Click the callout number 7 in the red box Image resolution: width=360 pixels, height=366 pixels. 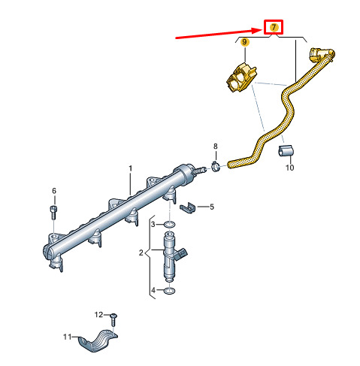coord(274,27)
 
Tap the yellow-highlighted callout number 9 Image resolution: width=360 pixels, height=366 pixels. coord(245,41)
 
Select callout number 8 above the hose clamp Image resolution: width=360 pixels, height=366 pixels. coord(216,146)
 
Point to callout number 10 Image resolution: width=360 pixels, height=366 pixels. coord(289,168)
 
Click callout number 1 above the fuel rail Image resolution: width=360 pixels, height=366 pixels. coord(130,168)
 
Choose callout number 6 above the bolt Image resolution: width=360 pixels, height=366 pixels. coord(54,191)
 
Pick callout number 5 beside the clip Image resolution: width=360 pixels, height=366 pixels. coord(212,207)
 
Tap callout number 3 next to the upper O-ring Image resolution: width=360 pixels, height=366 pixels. coord(153,224)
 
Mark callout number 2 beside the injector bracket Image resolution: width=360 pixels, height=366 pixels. coord(141,253)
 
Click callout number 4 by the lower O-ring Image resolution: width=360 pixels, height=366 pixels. coord(153,290)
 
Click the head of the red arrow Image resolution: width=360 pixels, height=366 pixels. coord(262,31)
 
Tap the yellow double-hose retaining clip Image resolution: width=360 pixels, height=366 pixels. coord(241,77)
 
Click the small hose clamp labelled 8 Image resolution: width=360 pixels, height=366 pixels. coord(216,167)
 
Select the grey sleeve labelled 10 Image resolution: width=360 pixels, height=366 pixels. coord(286,151)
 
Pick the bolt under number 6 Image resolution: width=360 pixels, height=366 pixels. coord(53,212)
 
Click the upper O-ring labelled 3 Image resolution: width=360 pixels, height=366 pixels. coord(170,225)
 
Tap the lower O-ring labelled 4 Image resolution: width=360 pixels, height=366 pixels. coord(169,291)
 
